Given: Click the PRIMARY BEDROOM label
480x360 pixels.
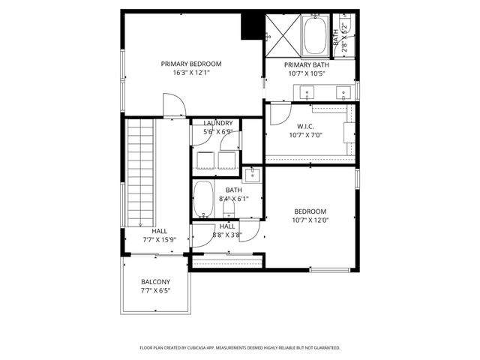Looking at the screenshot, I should click(190, 64).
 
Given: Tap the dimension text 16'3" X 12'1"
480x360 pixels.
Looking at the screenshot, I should click(190, 73).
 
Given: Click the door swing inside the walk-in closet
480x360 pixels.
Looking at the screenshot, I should click(279, 115).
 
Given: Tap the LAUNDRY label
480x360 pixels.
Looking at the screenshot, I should click(217, 123).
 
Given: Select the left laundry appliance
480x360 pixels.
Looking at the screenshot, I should click(205, 160).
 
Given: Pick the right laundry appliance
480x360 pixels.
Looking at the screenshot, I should click(228, 160).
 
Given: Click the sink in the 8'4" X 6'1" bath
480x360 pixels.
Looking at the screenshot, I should click(253, 175).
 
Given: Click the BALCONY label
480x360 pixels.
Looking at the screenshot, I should click(155, 282).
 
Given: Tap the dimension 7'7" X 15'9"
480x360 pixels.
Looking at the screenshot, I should click(159, 240).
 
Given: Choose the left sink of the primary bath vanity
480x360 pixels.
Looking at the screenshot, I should click(306, 94).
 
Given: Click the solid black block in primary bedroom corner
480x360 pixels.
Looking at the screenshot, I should click(250, 26).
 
